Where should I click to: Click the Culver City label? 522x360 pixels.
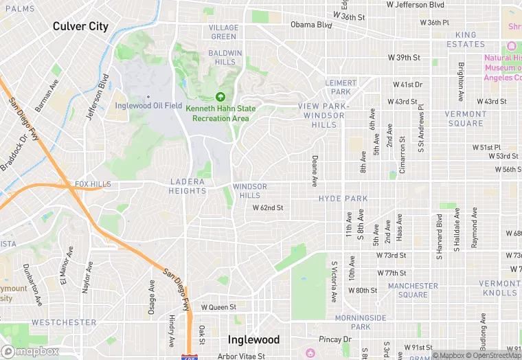click(80, 26)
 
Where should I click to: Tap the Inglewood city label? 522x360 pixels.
click(253, 339)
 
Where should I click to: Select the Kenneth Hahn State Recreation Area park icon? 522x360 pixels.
click(220, 98)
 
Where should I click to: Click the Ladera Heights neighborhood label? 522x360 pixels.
click(188, 186)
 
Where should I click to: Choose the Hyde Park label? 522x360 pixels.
click(343, 199)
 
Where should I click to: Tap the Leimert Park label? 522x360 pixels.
click(341, 87)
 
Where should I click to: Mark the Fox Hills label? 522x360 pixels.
click(92, 185)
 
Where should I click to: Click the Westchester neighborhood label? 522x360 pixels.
click(64, 322)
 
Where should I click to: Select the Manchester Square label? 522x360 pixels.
click(412, 290)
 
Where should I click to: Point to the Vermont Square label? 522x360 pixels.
click(466, 119)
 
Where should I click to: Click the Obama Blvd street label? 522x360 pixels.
click(311, 24)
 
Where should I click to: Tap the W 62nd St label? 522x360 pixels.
click(268, 207)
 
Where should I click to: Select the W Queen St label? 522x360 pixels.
click(218, 307)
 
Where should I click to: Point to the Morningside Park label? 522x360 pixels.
click(361, 322)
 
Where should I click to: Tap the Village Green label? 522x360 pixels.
click(224, 32)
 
